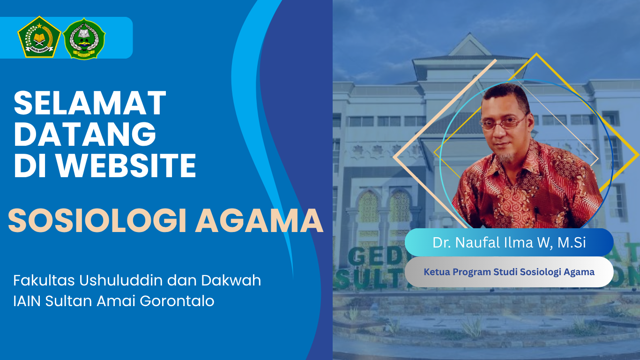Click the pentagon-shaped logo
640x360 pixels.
39,37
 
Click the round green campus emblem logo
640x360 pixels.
84,38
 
